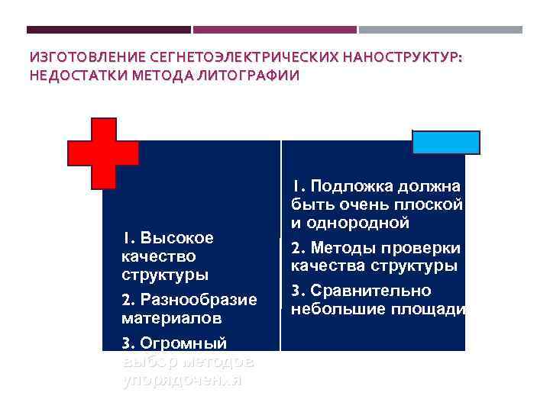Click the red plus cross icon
[103, 153]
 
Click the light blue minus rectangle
[445, 143]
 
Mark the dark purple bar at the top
[108, 30]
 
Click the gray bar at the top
[441, 30]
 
